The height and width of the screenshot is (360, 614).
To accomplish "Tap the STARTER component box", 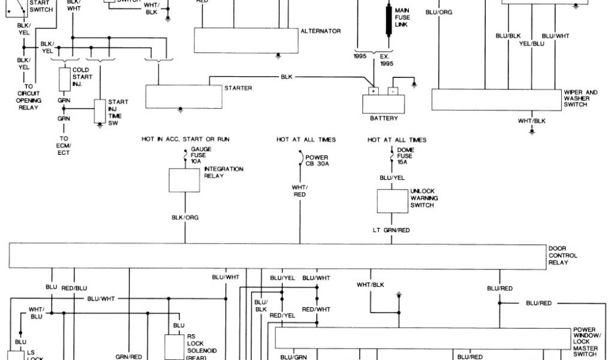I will pyautogui.click(x=183, y=96).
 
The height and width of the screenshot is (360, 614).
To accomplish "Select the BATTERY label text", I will pyautogui.click(x=384, y=118).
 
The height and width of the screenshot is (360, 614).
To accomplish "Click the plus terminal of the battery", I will pyautogui.click(x=373, y=92).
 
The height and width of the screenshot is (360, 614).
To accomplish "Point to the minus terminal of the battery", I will pyautogui.click(x=393, y=92).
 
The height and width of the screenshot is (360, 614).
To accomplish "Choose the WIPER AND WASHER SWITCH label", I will pyautogui.click(x=580, y=98).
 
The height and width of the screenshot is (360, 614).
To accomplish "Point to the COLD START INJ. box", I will pyautogui.click(x=65, y=78).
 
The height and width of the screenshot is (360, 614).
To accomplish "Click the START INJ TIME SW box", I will pyautogui.click(x=100, y=111).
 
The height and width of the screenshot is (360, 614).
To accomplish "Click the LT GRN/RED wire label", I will pyautogui.click(x=391, y=230).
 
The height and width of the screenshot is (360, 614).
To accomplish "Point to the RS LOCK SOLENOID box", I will pyautogui.click(x=174, y=346).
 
